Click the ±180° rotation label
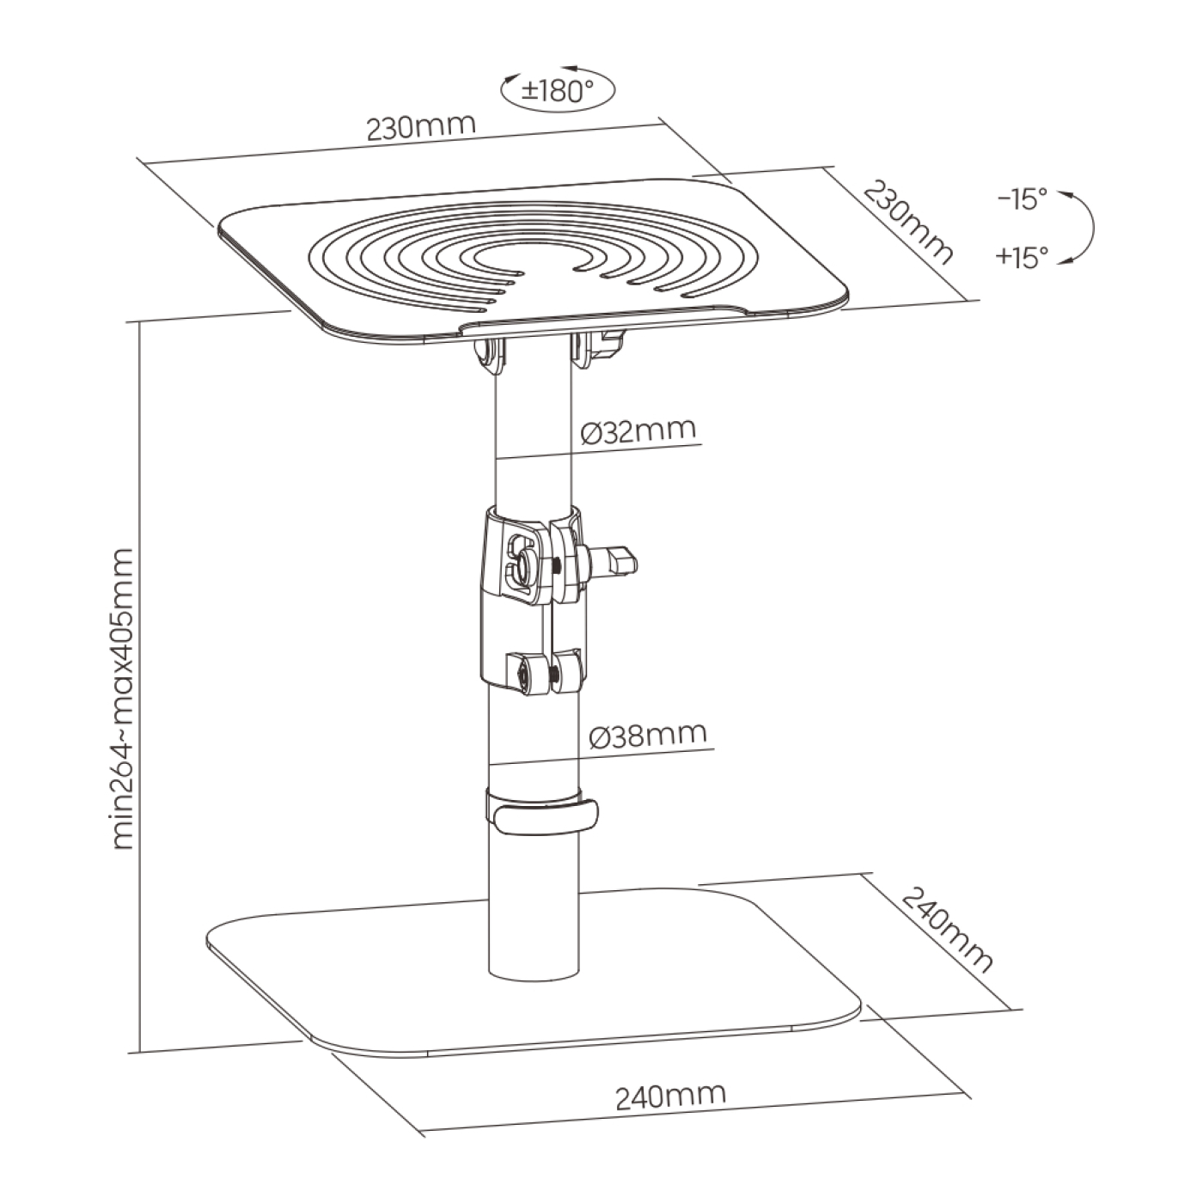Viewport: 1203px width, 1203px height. [x=558, y=92]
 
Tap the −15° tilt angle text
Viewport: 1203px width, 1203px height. [x=1022, y=200]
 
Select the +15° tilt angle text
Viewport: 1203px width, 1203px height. [x=1022, y=257]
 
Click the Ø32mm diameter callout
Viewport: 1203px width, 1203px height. [x=638, y=431]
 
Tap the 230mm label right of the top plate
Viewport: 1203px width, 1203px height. [x=908, y=223]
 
